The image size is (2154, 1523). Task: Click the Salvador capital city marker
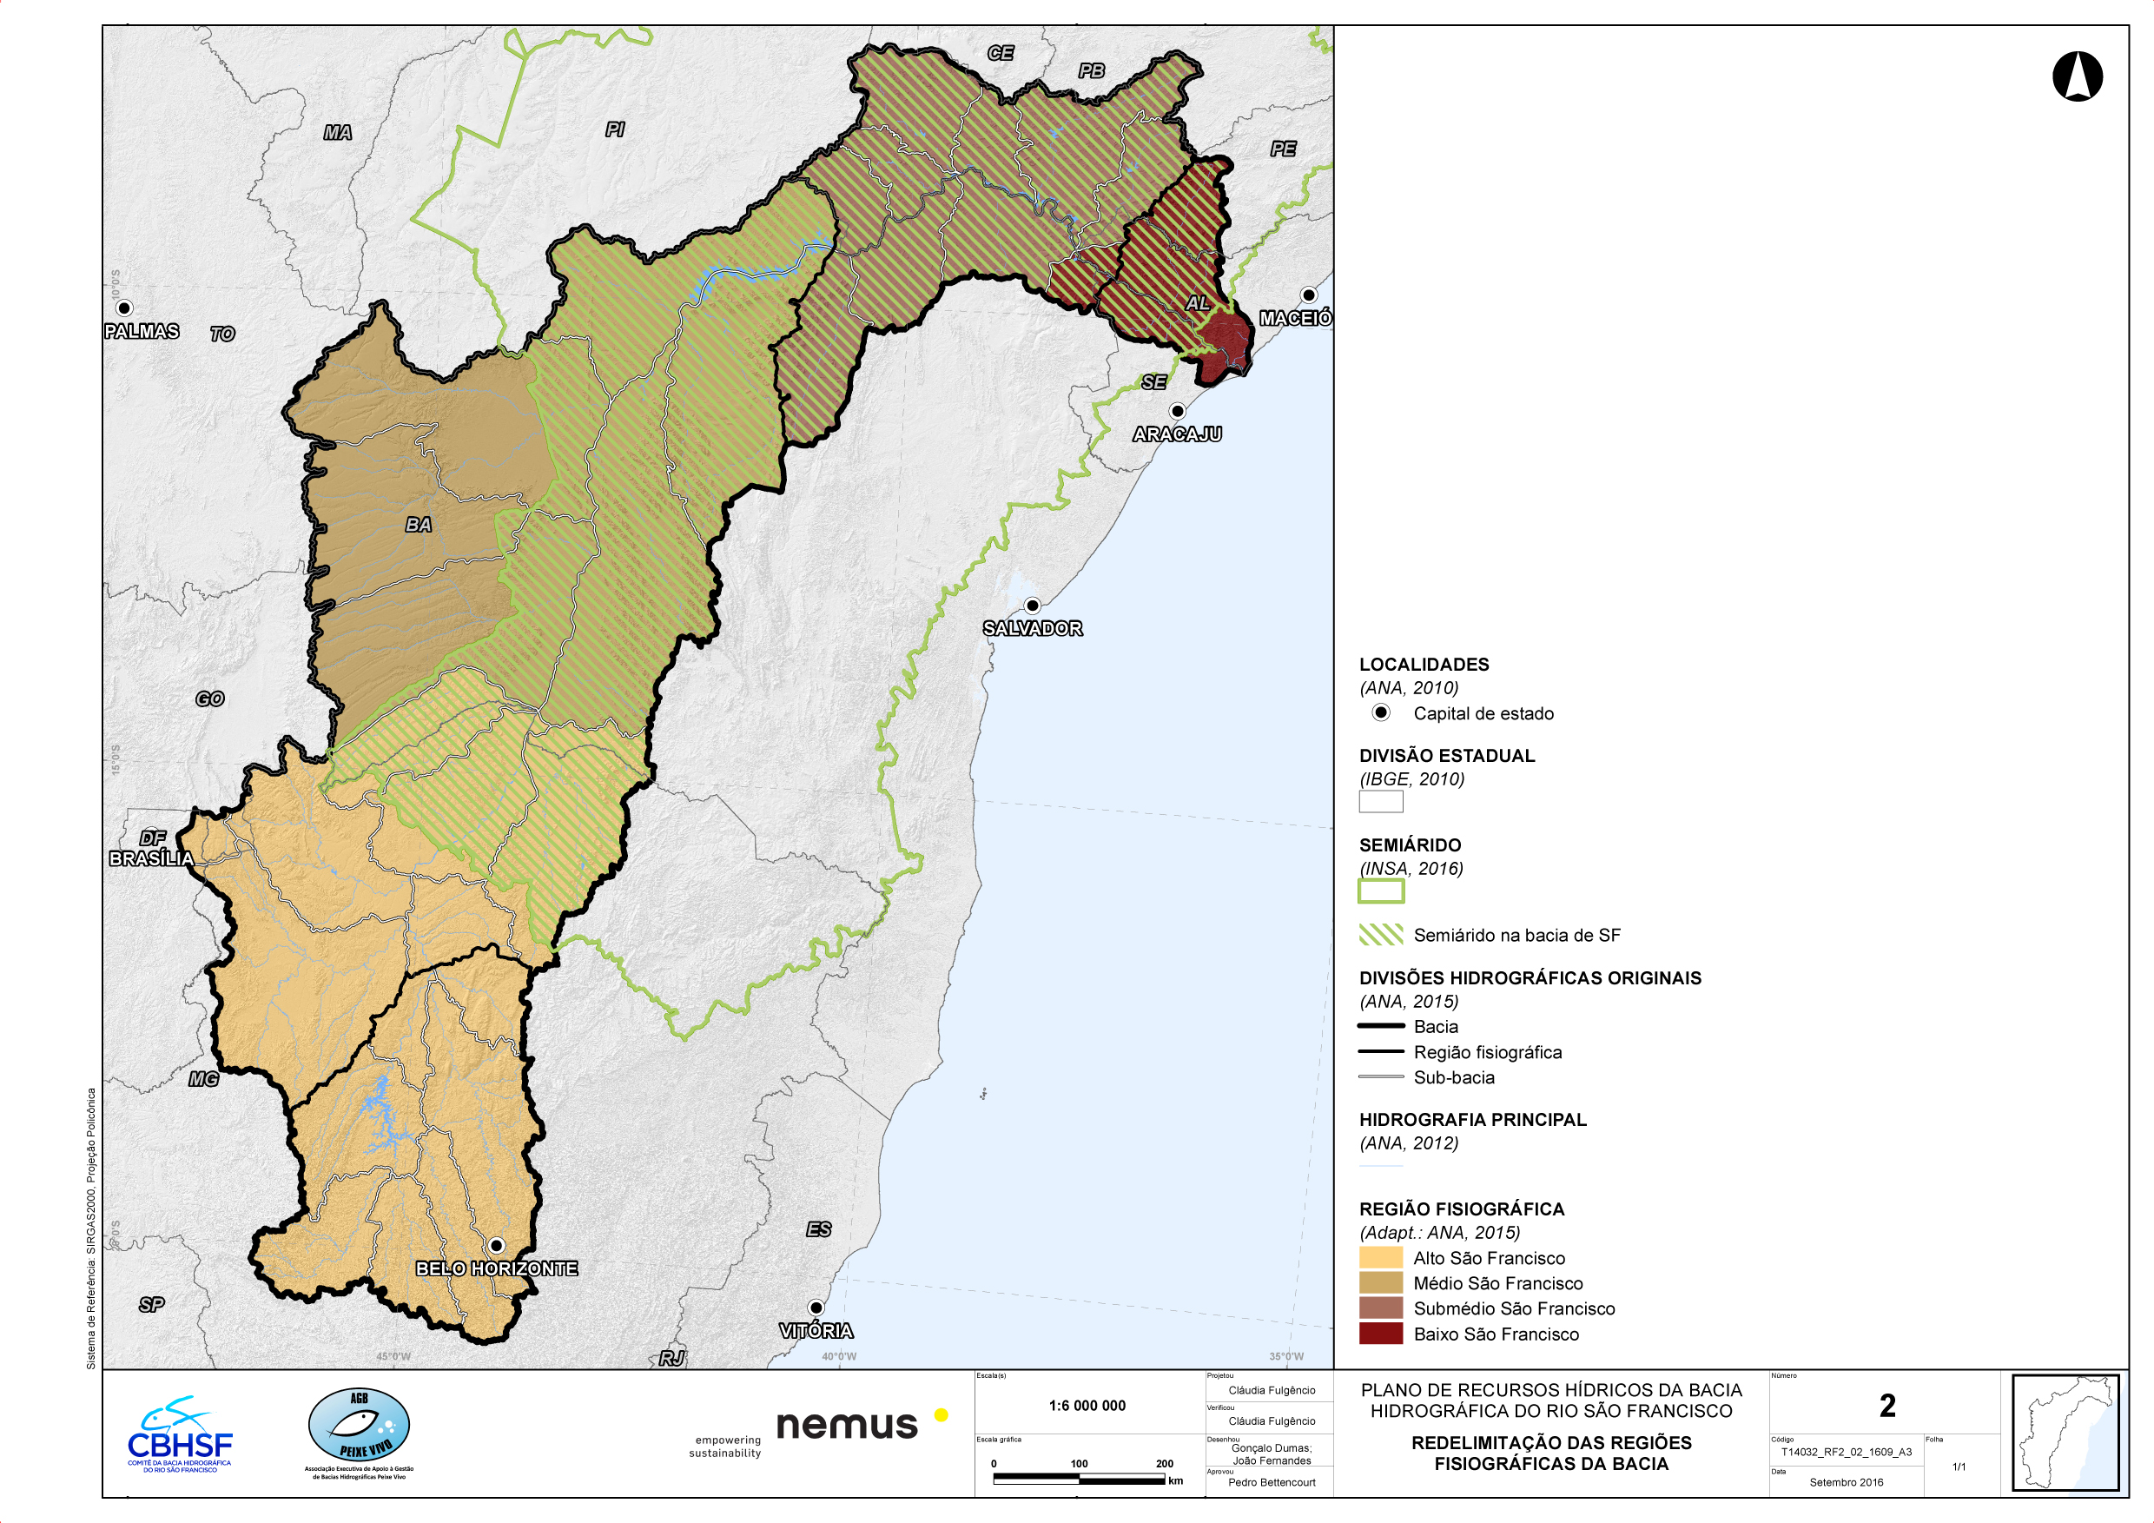point(1032,606)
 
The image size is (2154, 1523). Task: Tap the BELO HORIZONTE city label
point(496,1268)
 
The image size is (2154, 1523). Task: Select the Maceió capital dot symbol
point(1308,295)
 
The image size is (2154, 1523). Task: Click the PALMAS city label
point(142,331)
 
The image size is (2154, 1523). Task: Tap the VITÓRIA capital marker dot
point(816,1308)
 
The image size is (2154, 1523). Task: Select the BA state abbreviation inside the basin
point(419,525)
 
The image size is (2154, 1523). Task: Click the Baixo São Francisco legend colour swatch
point(1380,1334)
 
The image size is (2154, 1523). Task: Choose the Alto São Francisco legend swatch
point(1380,1257)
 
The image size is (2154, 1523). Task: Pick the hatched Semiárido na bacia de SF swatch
point(1380,935)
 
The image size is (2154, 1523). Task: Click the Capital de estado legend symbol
point(1381,712)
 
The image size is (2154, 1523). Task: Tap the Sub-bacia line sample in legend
point(1380,1077)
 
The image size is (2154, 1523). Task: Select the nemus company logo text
point(847,1425)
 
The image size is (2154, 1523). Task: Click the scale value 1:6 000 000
point(1087,1406)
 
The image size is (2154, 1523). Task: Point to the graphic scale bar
point(1079,1479)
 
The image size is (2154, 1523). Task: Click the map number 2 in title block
point(1887,1406)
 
